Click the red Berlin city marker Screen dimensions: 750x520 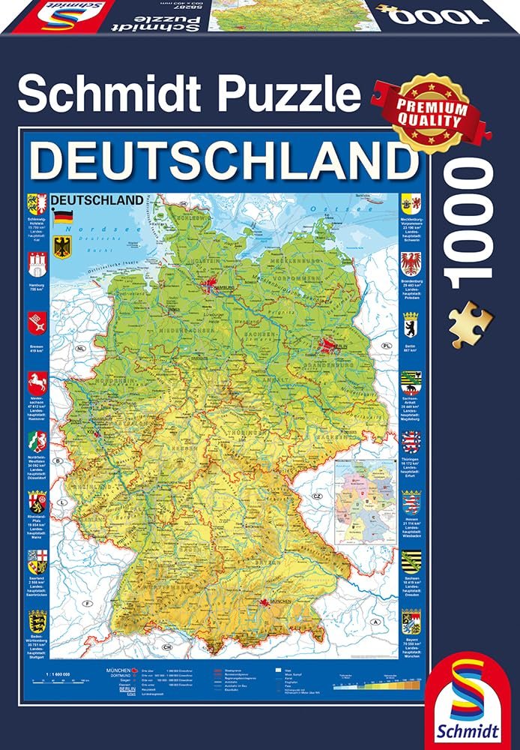pos(327,346)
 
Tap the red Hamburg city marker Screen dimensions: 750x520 pos(208,285)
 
